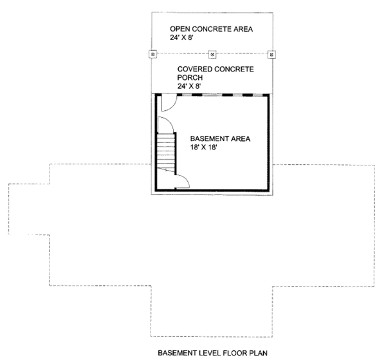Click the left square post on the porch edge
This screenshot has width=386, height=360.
[152, 54]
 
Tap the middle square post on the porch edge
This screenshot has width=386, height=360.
[212, 54]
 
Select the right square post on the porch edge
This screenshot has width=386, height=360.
[271, 54]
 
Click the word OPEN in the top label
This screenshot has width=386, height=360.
[179, 30]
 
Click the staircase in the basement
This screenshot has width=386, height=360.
[166, 151]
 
